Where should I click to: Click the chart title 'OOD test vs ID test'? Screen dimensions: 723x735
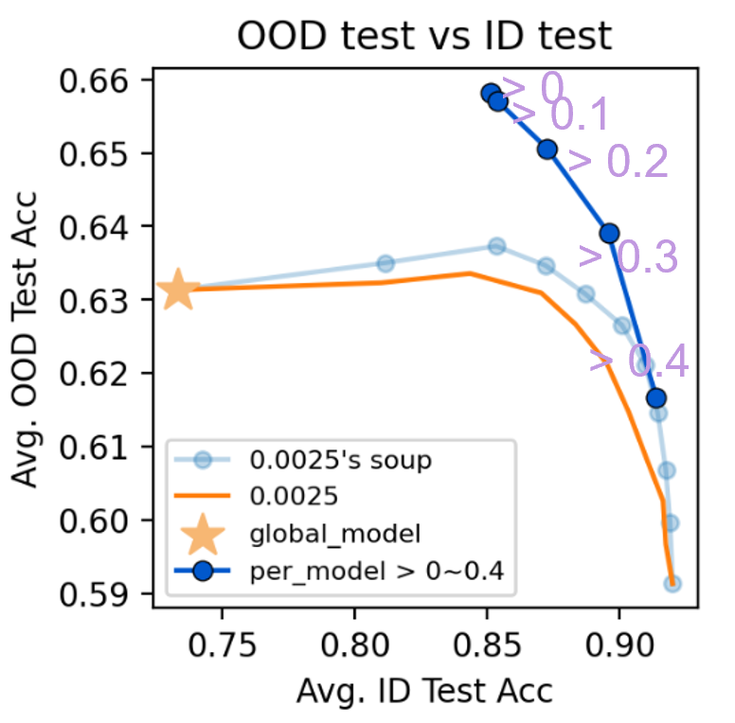[x=424, y=36]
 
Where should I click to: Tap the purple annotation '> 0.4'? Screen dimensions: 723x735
[x=638, y=362]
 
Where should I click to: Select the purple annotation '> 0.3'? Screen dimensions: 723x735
[x=627, y=257]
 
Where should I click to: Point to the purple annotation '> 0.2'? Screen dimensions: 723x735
[x=618, y=163]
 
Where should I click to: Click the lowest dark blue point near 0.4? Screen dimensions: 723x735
[x=655, y=398]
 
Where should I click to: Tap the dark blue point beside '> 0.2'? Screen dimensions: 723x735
[x=547, y=150]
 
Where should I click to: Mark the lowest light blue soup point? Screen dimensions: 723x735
[x=672, y=584]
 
